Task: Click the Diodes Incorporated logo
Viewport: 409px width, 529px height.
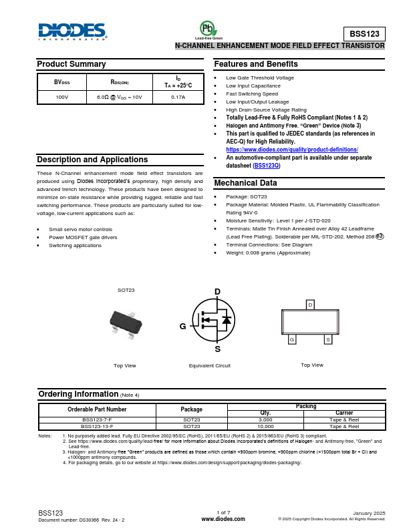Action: pos(72,31)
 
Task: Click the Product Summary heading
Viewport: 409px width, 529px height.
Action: pos(71,64)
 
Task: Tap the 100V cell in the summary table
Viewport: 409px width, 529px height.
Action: pos(62,97)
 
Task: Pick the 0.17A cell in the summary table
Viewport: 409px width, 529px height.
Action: pos(178,97)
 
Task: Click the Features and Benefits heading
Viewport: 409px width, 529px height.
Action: pos(256,64)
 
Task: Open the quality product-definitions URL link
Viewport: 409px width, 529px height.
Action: pos(292,150)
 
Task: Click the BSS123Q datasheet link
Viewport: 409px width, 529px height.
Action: pos(266,166)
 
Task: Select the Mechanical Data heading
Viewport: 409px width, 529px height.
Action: pos(245,183)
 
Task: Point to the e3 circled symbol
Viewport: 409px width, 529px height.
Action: pos(380,236)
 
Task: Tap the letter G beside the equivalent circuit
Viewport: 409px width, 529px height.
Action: pos(182,327)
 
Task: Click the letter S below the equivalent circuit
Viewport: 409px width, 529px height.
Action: pos(217,349)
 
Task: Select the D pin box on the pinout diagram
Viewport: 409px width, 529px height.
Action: pos(309,305)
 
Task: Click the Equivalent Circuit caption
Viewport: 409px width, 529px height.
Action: pos(209,366)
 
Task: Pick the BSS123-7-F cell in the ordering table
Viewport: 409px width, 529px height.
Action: pos(97,419)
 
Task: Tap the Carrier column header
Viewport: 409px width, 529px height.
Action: pos(344,413)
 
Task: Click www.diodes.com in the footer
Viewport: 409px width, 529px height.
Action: pos(223,519)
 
